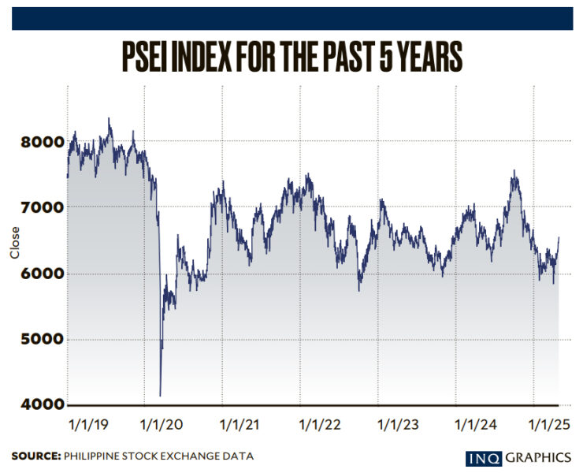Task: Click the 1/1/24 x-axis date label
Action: point(475,425)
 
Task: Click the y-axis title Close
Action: point(15,243)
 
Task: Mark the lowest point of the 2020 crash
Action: point(160,395)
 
